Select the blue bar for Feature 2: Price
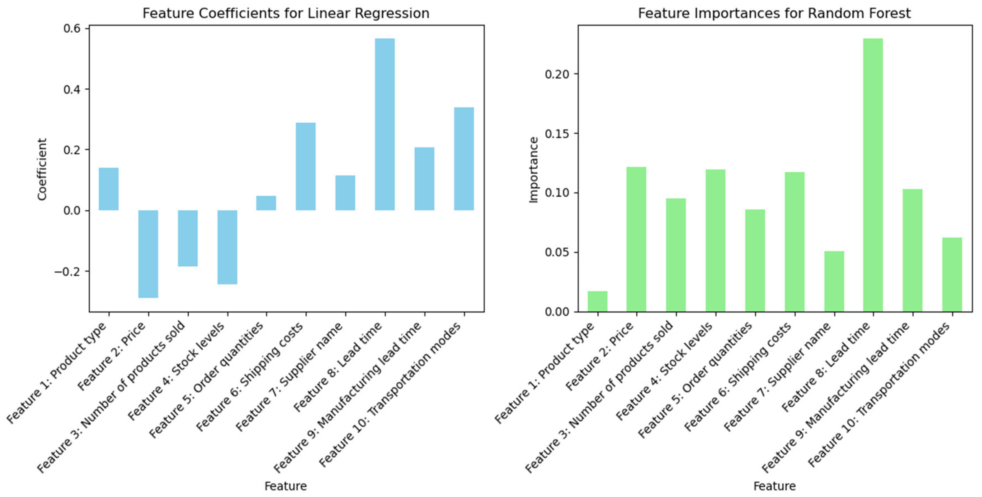tap(148, 254)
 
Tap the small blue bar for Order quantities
tap(266, 203)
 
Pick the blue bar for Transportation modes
tap(464, 159)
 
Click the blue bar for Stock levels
tap(227, 247)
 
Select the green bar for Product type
tap(597, 302)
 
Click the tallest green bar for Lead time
tap(873, 175)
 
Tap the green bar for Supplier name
tap(834, 282)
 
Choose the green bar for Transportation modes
tap(952, 275)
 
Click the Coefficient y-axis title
tap(42, 169)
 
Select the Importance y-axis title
tap(534, 170)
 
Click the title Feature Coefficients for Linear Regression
tap(286, 13)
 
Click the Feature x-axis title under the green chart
tap(774, 486)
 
